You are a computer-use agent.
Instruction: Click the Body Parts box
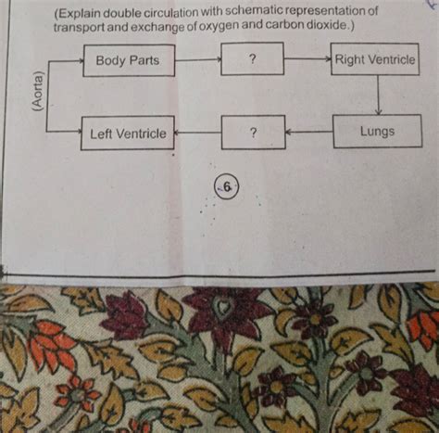pos(128,60)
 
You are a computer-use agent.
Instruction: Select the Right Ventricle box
pos(375,60)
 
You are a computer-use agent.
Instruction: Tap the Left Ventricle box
pos(128,134)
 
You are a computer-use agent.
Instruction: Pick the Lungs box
pos(377,132)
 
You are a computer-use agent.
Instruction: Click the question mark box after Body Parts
pos(252,60)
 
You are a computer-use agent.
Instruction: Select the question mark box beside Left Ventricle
pos(252,133)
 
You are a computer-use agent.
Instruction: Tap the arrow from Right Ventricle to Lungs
pos(379,96)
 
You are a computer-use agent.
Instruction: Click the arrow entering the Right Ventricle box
pos(307,59)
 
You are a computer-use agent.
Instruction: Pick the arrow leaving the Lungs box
pos(308,132)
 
